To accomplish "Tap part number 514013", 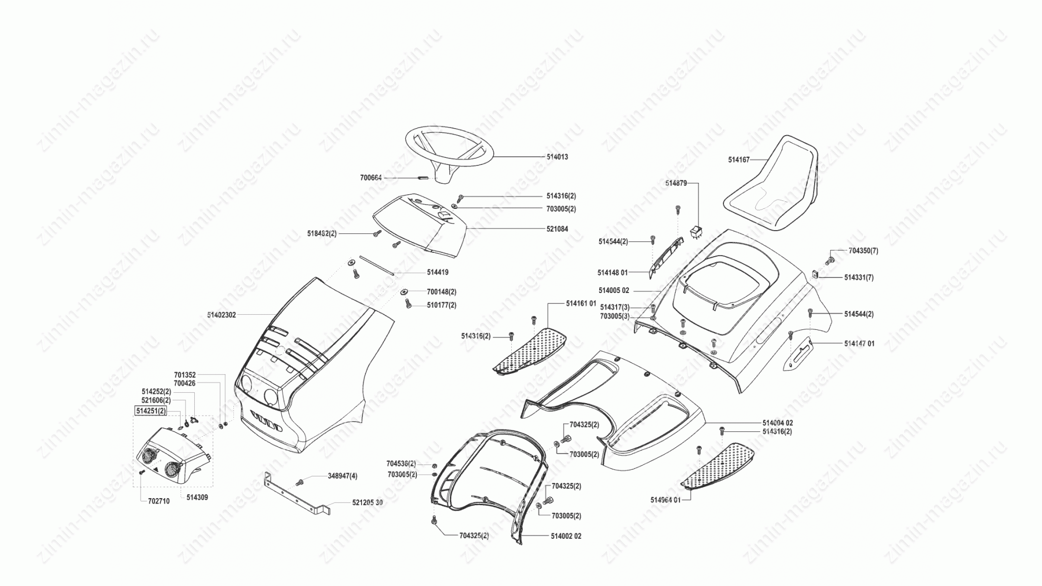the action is (557, 157).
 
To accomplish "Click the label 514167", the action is (739, 160).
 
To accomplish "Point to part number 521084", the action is (557, 229).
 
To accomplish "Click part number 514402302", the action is (221, 315).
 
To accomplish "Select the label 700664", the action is (371, 177).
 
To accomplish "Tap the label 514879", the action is (676, 183).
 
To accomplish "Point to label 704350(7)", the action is (863, 251).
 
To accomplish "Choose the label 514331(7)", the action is (859, 277).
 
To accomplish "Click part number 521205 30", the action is (367, 503).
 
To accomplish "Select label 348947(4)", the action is (342, 476).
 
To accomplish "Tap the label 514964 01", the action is (665, 500).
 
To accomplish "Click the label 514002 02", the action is (566, 536).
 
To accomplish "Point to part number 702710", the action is (158, 501).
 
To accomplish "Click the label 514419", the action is (437, 272).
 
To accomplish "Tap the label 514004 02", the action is (778, 423).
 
